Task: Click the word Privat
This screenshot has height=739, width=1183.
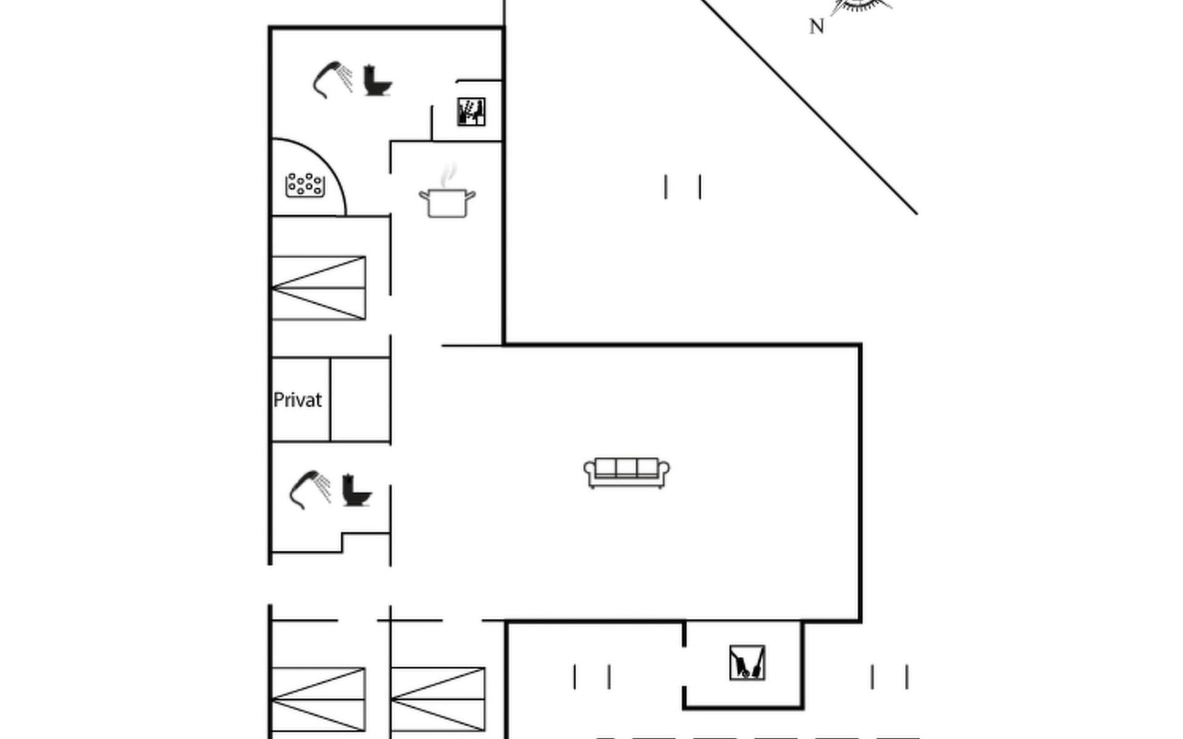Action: (297, 400)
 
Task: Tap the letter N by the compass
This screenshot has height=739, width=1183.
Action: (816, 26)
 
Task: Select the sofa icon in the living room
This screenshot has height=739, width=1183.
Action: (627, 472)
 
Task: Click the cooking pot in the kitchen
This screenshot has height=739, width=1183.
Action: (447, 203)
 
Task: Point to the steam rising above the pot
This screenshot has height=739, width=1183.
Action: (450, 174)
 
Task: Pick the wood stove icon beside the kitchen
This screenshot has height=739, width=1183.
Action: (471, 111)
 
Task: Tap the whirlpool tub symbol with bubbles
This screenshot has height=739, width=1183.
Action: (305, 185)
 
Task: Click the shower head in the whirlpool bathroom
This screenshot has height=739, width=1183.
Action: (333, 79)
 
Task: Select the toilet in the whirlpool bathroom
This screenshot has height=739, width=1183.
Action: (376, 81)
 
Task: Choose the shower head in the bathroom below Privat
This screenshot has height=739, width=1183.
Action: (310, 489)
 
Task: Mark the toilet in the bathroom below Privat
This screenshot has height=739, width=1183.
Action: (356, 490)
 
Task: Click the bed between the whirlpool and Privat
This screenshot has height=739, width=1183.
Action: (319, 288)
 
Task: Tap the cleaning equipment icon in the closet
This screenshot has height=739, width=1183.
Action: (747, 663)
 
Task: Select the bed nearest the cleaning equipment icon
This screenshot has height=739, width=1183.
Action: (438, 700)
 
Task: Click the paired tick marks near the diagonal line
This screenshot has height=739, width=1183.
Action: (683, 187)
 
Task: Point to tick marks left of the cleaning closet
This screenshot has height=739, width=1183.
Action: (591, 677)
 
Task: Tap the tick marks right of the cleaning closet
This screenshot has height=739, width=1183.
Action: (889, 677)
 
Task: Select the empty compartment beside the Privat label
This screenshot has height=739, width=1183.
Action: (360, 400)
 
